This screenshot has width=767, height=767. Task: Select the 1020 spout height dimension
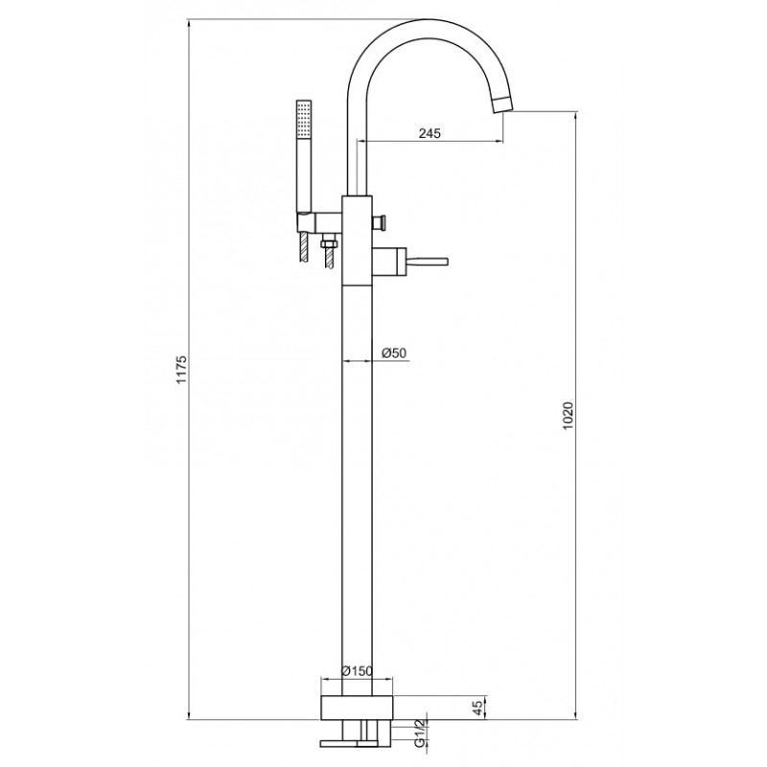coord(568,416)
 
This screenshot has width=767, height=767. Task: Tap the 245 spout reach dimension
coord(430,133)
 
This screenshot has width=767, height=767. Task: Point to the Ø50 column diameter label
coord(394,353)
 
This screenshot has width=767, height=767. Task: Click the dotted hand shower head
coord(304,120)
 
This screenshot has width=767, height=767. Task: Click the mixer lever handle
coord(428,260)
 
